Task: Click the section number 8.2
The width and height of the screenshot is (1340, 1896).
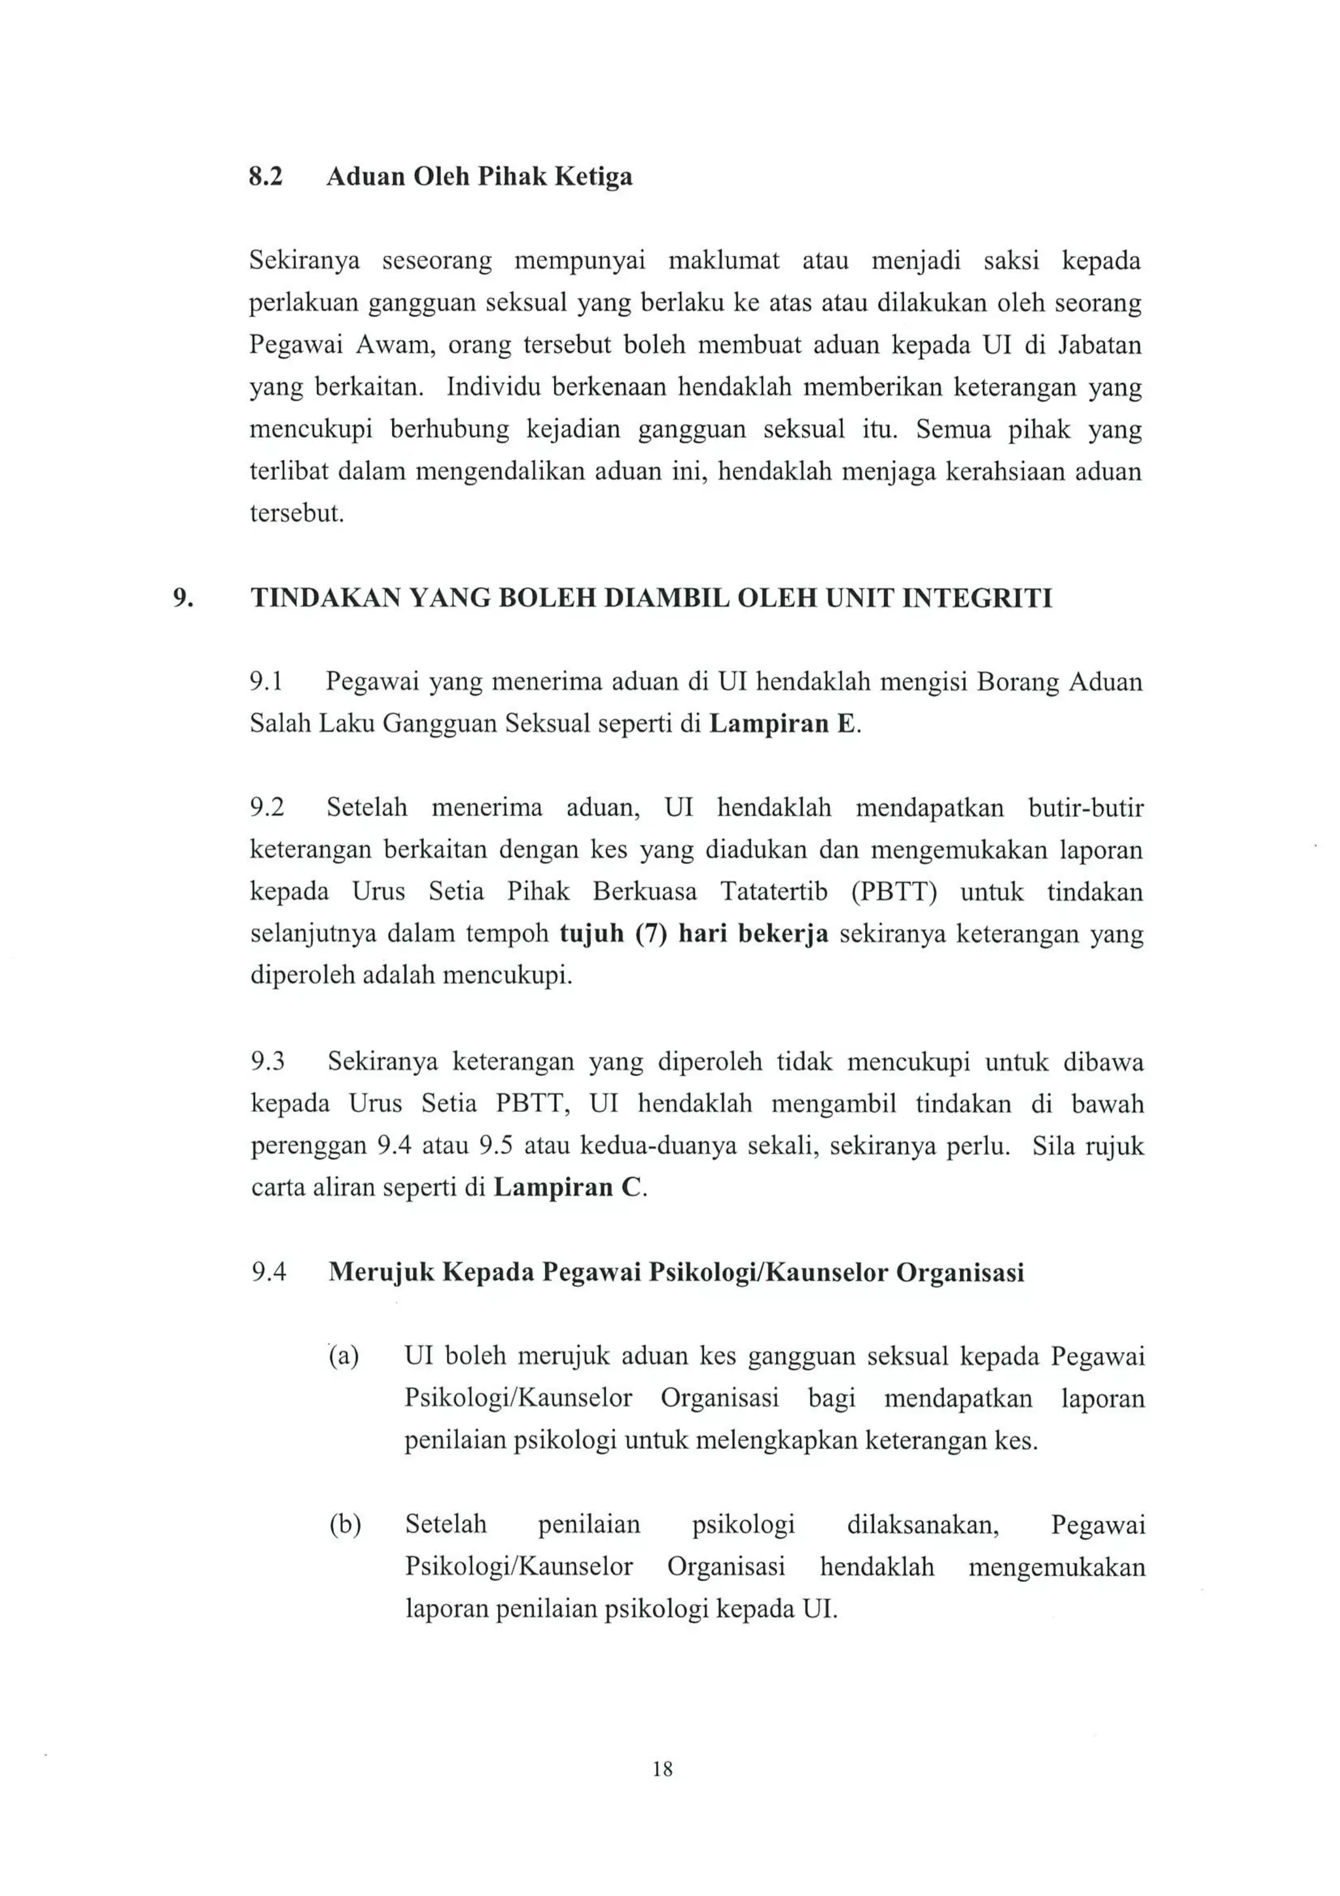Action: [265, 177]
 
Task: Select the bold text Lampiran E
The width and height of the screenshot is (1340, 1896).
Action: [784, 724]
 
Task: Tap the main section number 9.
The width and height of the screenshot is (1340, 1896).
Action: [183, 598]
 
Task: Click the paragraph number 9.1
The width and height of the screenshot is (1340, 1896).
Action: [267, 682]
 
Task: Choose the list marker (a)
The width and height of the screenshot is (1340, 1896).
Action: [344, 1357]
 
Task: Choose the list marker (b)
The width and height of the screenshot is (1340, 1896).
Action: [344, 1525]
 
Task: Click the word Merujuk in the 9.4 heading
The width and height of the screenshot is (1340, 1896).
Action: [381, 1272]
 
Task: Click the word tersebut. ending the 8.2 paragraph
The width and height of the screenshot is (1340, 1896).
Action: [296, 514]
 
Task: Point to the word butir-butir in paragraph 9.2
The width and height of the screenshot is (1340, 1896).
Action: [1085, 808]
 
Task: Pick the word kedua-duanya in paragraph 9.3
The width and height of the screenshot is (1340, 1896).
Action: [658, 1146]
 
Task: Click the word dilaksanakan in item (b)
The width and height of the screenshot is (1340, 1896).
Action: [922, 1525]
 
